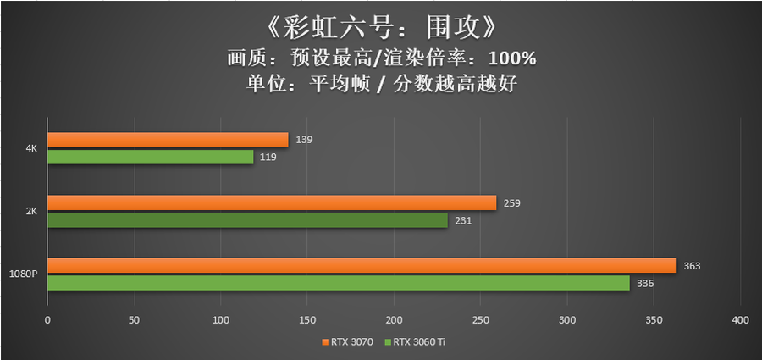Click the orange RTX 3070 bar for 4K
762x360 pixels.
click(x=168, y=140)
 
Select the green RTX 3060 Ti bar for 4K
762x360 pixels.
click(x=150, y=158)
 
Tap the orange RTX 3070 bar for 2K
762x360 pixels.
click(x=271, y=202)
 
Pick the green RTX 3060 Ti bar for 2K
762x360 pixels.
click(x=247, y=220)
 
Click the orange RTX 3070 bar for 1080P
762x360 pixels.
click(x=362, y=266)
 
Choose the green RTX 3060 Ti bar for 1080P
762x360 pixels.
click(x=338, y=284)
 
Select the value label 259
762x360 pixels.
click(x=512, y=202)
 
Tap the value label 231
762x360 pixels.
click(x=463, y=220)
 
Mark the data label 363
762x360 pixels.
click(x=693, y=266)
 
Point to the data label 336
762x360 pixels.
click(x=645, y=284)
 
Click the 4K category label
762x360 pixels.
click(x=31, y=149)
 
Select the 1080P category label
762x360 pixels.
click(x=23, y=275)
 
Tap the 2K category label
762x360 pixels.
click(x=31, y=212)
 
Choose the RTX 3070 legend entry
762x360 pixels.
click(x=347, y=342)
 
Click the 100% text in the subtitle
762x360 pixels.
click(x=511, y=58)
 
